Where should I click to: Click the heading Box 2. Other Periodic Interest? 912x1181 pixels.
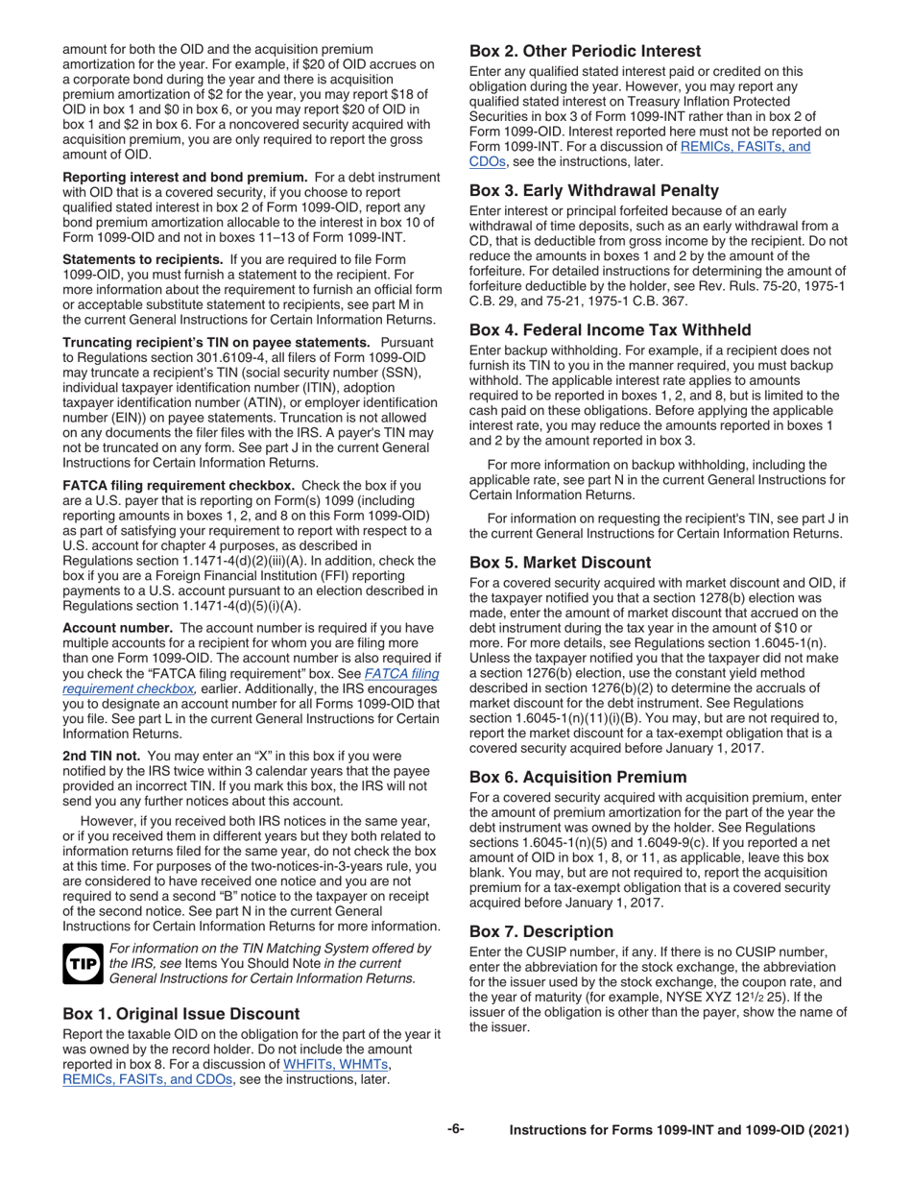[585, 51]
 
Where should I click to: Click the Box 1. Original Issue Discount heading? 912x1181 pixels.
[181, 1014]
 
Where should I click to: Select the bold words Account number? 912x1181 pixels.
[117, 628]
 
